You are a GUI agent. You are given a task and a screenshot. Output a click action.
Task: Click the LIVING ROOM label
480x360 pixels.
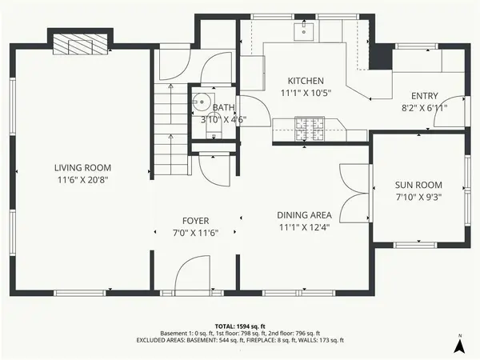point(82,168)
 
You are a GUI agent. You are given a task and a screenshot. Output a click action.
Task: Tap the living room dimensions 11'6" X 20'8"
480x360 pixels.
point(82,181)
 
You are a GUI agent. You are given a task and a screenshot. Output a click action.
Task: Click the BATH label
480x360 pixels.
point(224,107)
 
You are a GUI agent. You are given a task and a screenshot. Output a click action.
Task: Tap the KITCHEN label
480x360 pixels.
point(306,81)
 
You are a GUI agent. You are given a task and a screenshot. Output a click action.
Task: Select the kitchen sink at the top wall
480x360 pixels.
point(304,31)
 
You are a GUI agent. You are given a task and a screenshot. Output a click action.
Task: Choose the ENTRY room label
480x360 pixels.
point(425,94)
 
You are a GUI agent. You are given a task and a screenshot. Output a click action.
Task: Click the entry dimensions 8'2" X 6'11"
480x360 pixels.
point(425,107)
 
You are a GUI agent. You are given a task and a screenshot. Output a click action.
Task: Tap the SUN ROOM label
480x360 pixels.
point(418,183)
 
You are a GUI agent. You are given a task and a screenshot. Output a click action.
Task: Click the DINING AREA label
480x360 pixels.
point(304,215)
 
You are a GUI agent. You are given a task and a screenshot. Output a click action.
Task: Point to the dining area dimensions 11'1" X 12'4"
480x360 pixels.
point(304,228)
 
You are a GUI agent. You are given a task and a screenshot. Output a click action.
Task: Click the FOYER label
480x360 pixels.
point(196,219)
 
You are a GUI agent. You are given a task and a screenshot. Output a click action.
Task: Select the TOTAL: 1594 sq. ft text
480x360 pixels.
point(239,326)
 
